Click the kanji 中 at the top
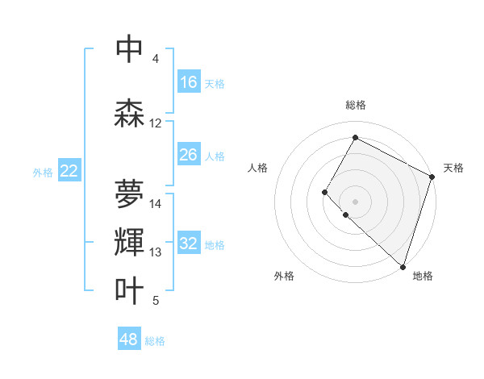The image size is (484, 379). [130, 49]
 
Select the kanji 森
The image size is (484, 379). [130, 114]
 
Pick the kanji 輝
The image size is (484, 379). [130, 243]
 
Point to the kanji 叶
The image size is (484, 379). [130, 291]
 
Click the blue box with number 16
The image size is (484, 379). [189, 82]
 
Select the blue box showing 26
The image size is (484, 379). [189, 155]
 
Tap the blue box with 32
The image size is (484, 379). [189, 244]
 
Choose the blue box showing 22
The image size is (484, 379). [69, 171]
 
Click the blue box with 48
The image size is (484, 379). [129, 339]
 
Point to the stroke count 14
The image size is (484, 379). [156, 204]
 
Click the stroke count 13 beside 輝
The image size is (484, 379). [156, 252]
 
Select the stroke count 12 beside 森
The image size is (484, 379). [156, 123]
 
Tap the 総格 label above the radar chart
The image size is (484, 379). [355, 106]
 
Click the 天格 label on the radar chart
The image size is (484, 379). [453, 169]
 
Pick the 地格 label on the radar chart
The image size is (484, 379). [423, 276]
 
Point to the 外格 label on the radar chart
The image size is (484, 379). [284, 276]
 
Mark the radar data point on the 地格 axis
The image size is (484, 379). [403, 267]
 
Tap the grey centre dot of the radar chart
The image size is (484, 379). [355, 201]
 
